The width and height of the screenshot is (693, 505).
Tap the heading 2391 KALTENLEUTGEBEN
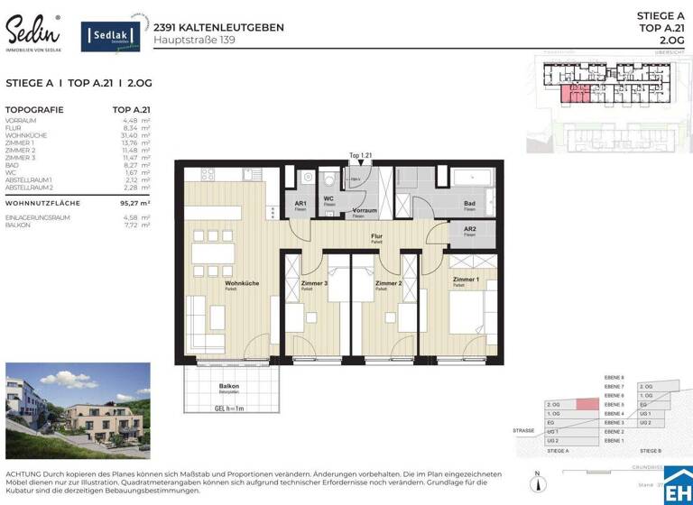click(218, 27)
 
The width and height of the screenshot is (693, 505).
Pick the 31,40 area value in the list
click(130, 135)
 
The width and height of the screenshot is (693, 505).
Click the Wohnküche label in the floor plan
click(242, 283)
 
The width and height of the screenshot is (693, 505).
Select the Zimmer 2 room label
click(388, 283)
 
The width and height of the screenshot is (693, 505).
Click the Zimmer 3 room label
click(313, 283)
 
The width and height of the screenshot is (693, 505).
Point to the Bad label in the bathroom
click(469, 204)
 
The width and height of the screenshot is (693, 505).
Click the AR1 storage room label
click(300, 204)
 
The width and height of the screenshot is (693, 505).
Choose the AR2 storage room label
click(469, 229)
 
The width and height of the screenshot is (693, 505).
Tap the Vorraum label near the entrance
click(364, 209)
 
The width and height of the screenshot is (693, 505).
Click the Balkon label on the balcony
click(228, 386)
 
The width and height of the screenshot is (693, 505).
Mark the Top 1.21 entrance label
click(361, 156)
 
